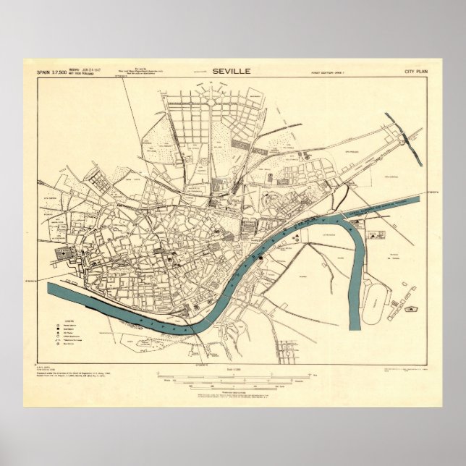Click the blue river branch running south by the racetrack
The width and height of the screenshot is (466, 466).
(354, 275)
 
